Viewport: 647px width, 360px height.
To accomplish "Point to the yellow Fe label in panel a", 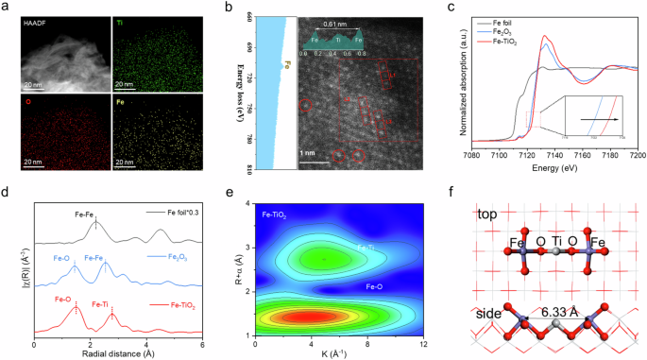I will pos(123,97).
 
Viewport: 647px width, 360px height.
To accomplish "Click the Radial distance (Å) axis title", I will pos(117,357).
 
